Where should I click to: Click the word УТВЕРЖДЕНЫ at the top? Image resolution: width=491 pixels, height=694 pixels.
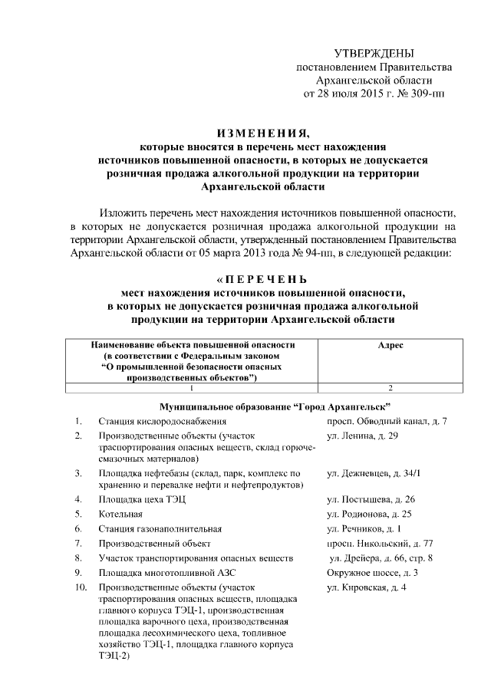click(374, 53)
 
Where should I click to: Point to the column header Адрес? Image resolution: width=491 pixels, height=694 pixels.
click(390, 346)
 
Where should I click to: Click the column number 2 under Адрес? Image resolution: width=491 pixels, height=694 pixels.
click(390, 387)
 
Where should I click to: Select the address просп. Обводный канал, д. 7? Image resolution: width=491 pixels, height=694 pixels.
click(387, 422)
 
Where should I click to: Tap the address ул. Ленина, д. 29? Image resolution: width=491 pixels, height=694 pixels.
click(362, 436)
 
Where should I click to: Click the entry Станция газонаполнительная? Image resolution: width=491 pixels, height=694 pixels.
click(160, 528)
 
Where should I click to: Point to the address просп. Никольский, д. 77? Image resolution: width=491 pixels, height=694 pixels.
click(380, 543)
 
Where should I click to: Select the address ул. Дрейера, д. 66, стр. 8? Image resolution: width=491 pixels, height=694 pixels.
click(381, 558)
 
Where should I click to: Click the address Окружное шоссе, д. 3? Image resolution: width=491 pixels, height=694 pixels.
click(372, 572)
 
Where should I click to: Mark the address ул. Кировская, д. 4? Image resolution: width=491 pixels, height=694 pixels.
click(366, 587)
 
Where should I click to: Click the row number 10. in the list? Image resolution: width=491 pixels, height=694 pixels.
click(81, 587)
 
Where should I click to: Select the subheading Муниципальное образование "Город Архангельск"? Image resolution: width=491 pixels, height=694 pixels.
click(275, 405)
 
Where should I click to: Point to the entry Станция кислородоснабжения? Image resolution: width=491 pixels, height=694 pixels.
click(162, 422)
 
